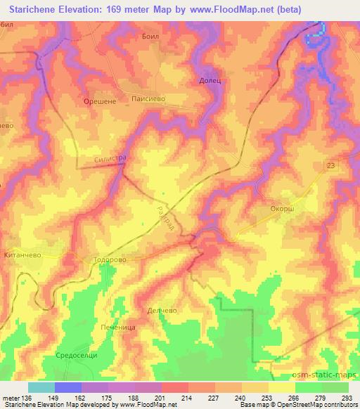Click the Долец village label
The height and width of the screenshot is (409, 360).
(210, 82)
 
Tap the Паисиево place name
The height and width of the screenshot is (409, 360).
(148, 100)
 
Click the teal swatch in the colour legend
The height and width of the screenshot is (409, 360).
(41, 387)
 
